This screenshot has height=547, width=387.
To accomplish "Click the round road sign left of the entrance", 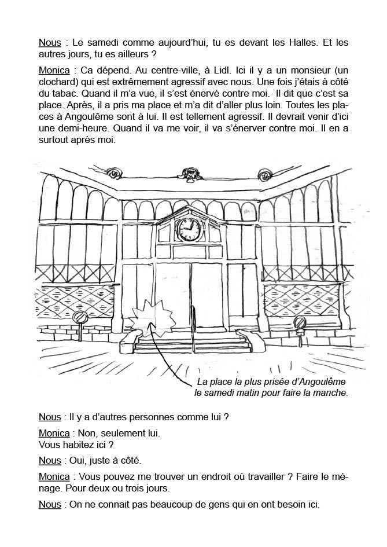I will click(81, 318).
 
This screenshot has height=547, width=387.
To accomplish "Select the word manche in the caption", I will click(332, 393).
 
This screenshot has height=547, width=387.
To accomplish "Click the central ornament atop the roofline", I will click(188, 173).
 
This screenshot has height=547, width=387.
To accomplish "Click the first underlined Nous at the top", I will click(50, 43).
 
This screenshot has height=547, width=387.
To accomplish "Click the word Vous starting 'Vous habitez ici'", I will click(50, 445).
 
